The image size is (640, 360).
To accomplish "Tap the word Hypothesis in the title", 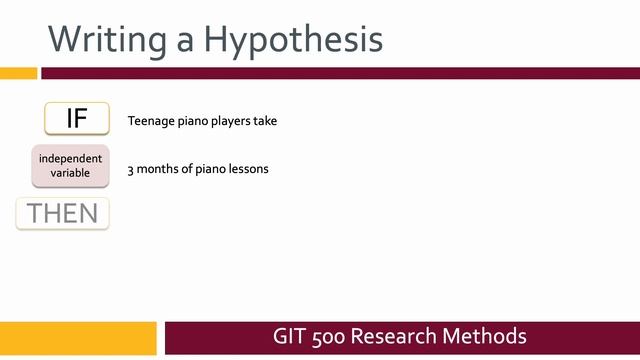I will coord(292,39).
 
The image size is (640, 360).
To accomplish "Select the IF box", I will coord(77,118).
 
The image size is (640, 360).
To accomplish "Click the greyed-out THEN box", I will coord(62,213).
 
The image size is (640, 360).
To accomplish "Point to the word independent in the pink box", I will coord(70,159).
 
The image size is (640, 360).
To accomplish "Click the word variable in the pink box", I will coord(70,173).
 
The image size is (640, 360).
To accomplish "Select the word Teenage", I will coord(149,121).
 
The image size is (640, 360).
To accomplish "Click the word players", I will coord(227,121).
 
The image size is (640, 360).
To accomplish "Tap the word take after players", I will coord(265,121).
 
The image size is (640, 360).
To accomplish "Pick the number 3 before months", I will coord(131,169).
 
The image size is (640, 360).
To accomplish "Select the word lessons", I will coord(248,169).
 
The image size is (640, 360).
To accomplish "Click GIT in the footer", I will coord(290,336).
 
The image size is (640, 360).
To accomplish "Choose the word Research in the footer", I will coord(402,336).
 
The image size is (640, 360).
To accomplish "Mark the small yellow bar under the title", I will coord(18,73).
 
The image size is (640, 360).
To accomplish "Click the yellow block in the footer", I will coord(78,337).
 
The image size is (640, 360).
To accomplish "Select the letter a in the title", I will coord(185,39).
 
